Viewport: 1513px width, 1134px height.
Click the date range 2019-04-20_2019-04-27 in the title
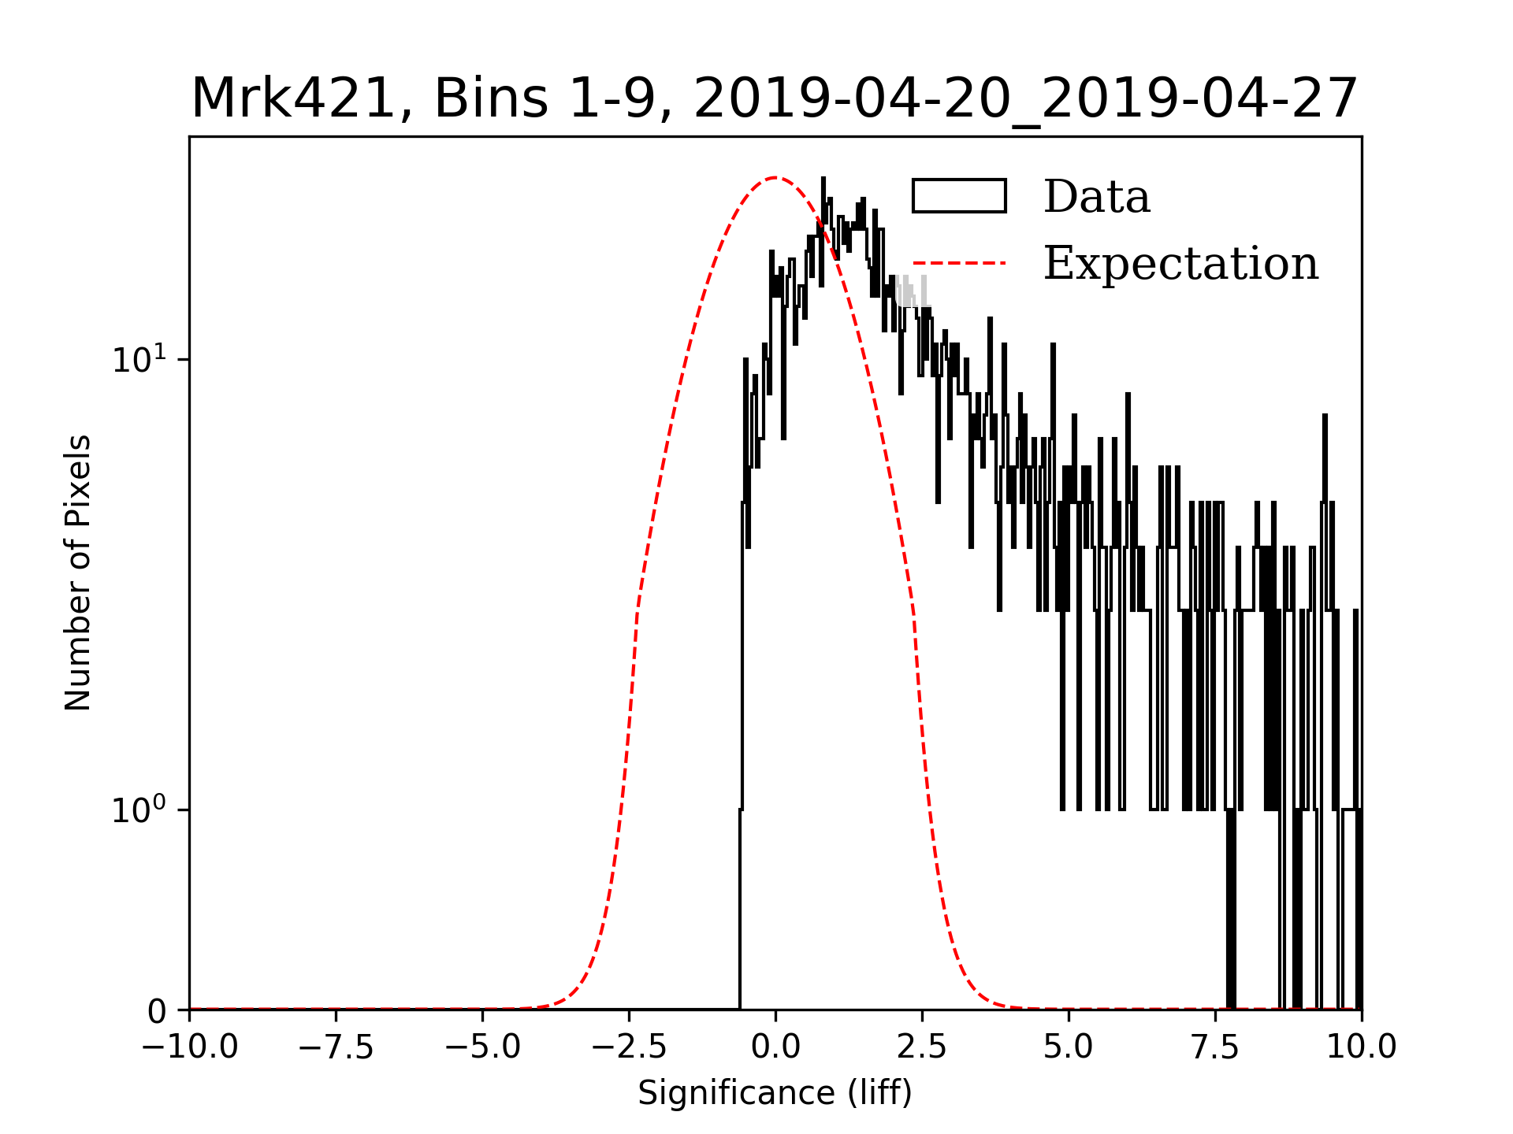coord(1025,99)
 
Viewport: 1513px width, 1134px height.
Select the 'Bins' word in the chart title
coord(490,99)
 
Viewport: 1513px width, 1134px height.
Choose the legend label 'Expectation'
coord(1180,263)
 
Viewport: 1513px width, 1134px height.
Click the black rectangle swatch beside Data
coord(959,196)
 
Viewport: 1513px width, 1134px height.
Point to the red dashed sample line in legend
coord(959,263)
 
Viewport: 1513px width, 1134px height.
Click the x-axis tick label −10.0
coord(189,1047)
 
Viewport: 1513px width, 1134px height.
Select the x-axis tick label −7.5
coord(336,1047)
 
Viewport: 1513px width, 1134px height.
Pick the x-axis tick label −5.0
coord(482,1047)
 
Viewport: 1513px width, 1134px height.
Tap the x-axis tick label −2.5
coord(629,1047)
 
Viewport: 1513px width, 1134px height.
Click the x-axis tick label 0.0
coord(775,1047)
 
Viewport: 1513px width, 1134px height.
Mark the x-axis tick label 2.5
coord(922,1047)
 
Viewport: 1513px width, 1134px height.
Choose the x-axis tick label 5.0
coord(1069,1047)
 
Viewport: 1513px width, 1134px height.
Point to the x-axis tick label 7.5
coord(1215,1047)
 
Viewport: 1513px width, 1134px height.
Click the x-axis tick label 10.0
coord(1361,1047)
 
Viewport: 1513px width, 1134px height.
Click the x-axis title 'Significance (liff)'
coord(775,1093)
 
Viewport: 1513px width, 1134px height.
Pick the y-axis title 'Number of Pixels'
coord(78,573)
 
